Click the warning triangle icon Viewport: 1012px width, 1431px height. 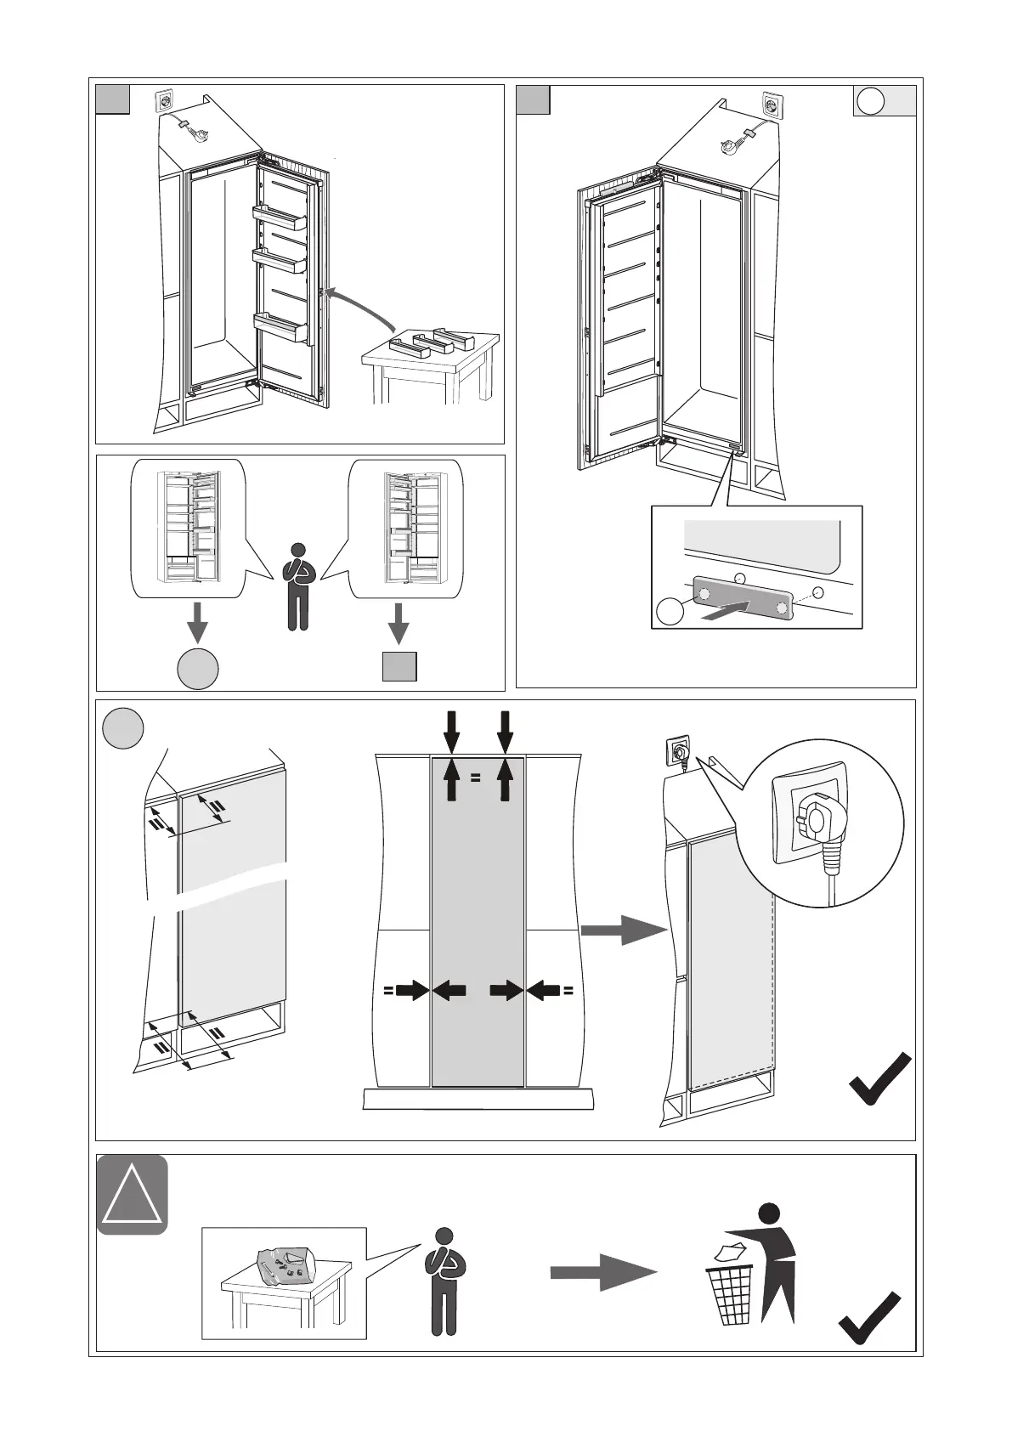coord(132,1194)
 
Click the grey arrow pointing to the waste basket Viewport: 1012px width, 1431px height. coord(603,1272)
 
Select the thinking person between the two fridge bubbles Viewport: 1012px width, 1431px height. coord(297,585)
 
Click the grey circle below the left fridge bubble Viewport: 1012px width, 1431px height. coord(198,668)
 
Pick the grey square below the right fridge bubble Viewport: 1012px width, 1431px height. coord(399,666)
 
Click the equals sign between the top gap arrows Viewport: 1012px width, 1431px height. coord(476,777)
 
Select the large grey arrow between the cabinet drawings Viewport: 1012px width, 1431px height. coord(623,930)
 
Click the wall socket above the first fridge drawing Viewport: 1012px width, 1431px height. coord(163,103)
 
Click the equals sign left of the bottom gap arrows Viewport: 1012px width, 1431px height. coord(387,989)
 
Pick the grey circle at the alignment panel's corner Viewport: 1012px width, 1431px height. coord(122,729)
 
